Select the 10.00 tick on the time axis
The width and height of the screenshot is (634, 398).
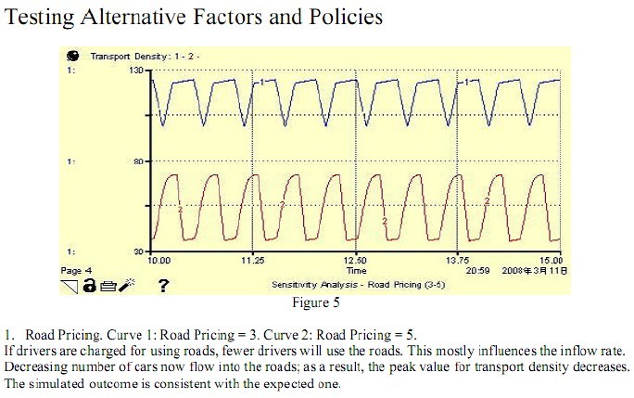pos(160,262)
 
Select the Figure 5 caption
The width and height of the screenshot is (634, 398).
pos(315,302)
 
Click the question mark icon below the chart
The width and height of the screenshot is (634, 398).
pos(163,286)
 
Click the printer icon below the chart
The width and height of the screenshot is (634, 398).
pos(107,286)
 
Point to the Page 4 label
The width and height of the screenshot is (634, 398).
pos(76,271)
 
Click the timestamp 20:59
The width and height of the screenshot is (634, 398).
pos(475,271)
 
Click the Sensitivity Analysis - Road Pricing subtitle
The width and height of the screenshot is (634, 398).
pos(358,285)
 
